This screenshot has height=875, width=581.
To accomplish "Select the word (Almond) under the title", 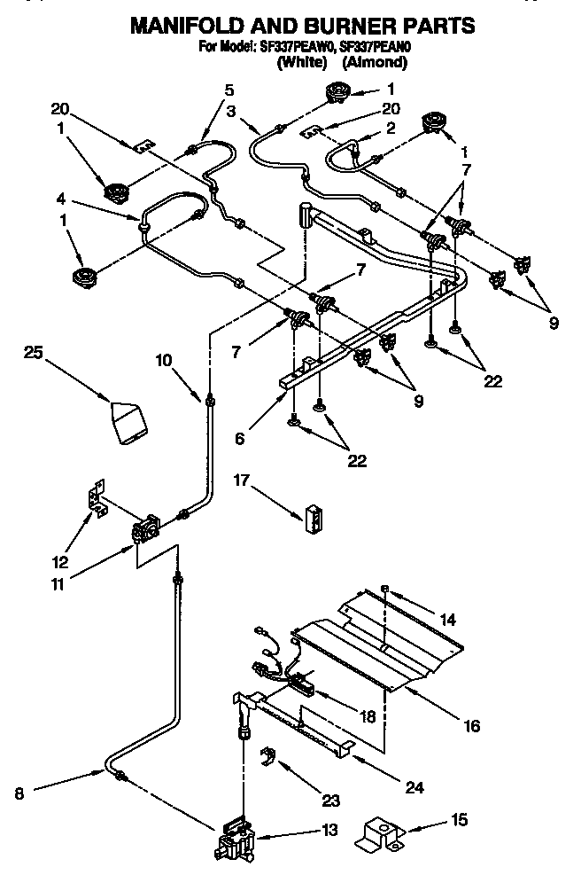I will (x=375, y=62).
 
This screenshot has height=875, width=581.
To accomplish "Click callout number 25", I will (x=33, y=354).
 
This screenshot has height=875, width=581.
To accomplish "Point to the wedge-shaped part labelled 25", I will (x=128, y=420).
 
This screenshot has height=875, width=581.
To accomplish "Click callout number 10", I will (x=164, y=360).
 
